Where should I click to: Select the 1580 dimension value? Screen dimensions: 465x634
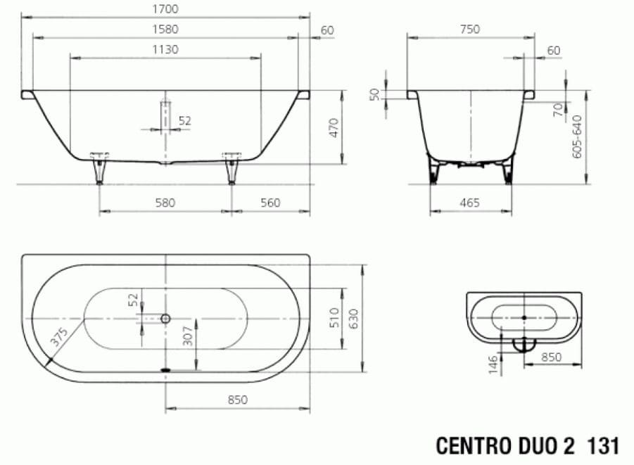[x=164, y=29]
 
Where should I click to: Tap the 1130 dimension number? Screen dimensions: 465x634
[x=164, y=49]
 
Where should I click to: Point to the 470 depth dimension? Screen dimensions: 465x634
[x=334, y=127]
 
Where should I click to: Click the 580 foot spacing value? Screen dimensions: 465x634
[x=164, y=203]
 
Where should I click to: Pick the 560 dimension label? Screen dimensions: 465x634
[x=270, y=203]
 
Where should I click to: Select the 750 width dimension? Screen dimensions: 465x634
[x=469, y=29]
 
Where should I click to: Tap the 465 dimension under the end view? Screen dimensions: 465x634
[x=469, y=203]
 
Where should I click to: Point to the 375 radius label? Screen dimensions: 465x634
[x=59, y=337]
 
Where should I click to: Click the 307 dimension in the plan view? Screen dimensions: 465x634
[x=187, y=338]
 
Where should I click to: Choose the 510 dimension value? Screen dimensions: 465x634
[x=334, y=317]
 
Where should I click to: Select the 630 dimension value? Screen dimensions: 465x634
[x=354, y=317]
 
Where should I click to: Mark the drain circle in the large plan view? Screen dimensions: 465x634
[x=165, y=318]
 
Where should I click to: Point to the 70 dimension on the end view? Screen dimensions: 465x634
[x=557, y=110]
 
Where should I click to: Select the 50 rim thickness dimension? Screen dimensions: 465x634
[x=375, y=94]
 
